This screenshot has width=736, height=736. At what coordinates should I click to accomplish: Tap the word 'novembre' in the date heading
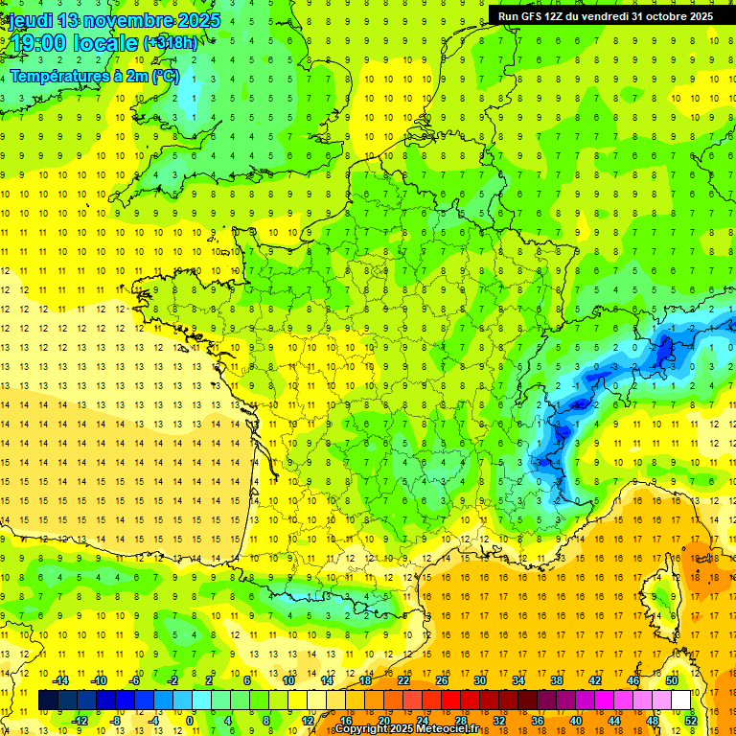(x=127, y=20)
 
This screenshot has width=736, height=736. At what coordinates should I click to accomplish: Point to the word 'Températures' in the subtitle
(x=62, y=77)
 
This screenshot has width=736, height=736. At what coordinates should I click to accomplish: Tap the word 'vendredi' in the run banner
(x=599, y=16)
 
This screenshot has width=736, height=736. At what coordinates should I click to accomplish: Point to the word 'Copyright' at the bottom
(x=361, y=729)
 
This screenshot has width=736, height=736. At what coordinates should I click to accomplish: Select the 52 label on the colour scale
(x=690, y=721)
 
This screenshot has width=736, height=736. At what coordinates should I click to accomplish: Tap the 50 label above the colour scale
(x=672, y=680)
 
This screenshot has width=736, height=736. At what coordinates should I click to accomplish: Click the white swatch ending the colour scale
(x=681, y=701)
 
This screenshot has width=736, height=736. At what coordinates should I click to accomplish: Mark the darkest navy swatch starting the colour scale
(x=48, y=701)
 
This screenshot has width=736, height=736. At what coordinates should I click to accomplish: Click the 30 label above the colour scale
(x=480, y=680)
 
